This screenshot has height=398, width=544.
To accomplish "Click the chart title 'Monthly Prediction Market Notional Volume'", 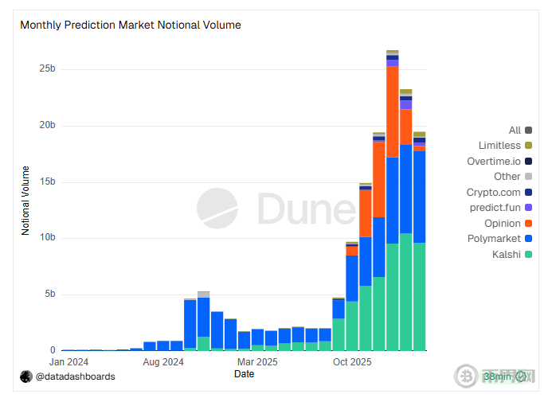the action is coord(131,25).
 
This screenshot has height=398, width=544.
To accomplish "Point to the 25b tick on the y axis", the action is coord(47,68).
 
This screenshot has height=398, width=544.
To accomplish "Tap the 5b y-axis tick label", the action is coord(50,294).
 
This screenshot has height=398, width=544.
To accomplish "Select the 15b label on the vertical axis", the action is coord(47,181).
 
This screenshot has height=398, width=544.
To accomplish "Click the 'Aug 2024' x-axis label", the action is coord(163,362).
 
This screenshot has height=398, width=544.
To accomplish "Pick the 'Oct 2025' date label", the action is coord(352,362).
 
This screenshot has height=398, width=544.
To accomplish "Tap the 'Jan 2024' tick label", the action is coord(68,362).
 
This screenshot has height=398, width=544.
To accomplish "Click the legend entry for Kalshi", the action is coord(512,255).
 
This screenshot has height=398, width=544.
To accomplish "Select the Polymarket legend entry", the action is coord(499,239).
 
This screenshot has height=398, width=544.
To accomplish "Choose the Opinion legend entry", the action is coord(508,223).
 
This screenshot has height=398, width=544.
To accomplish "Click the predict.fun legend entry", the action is coord(501,207).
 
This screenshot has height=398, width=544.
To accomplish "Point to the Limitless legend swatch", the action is coord(528,145).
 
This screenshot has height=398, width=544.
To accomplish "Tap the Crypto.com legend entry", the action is coord(499,192).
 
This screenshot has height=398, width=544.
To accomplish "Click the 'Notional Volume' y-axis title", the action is coord(25,201).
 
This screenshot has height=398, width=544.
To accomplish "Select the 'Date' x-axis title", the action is coord(245,374).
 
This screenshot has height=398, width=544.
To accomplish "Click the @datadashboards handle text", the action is coord(76,377).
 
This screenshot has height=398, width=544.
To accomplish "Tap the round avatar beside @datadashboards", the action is coord(26,377).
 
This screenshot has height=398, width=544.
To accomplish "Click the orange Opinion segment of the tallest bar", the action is coord(393,112).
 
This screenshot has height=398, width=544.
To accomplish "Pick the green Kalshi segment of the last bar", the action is coord(420,297).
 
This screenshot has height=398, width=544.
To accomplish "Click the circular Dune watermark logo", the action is coord(217,209).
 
